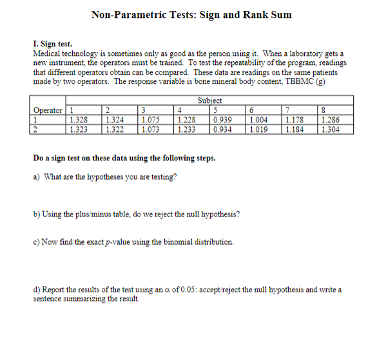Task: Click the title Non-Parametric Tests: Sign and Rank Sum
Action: [191, 14]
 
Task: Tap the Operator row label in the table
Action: [48, 110]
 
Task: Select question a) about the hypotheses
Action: [104, 176]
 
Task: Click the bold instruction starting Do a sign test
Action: [124, 158]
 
